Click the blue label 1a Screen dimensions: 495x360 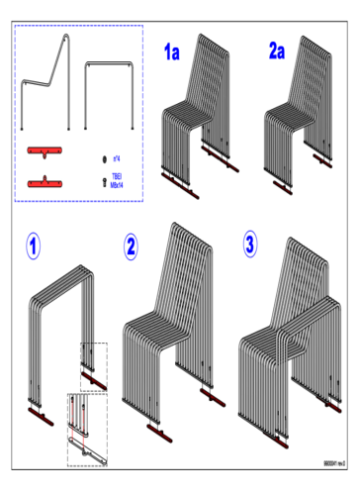(x=172, y=52)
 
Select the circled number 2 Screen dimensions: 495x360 (x=131, y=247)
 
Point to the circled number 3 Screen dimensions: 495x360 (x=249, y=245)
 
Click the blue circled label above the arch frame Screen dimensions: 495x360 (x=33, y=246)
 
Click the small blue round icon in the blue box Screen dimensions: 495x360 (x=117, y=158)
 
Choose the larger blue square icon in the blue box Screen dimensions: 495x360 (x=117, y=180)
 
